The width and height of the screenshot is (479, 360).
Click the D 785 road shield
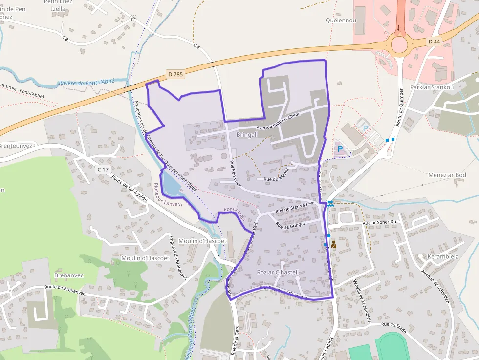pyautogui.click(x=175, y=74)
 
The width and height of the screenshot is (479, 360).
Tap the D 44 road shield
pyautogui.click(x=434, y=42)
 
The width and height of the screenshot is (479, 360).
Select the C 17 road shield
pyautogui.click(x=103, y=169)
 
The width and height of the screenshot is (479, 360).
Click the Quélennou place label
pyautogui.click(x=341, y=21)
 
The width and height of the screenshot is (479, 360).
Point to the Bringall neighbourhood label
pyautogui.click(x=247, y=134)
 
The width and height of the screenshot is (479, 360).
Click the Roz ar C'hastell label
pyautogui.click(x=277, y=272)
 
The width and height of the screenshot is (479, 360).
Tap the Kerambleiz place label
pyautogui.click(x=443, y=256)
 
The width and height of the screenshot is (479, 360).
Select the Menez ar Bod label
pyautogui.click(x=447, y=175)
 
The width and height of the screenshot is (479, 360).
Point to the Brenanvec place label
pyautogui.click(x=69, y=275)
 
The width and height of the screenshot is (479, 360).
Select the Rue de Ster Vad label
pyautogui.click(x=292, y=208)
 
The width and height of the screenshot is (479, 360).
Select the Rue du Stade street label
pyautogui.click(x=395, y=325)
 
